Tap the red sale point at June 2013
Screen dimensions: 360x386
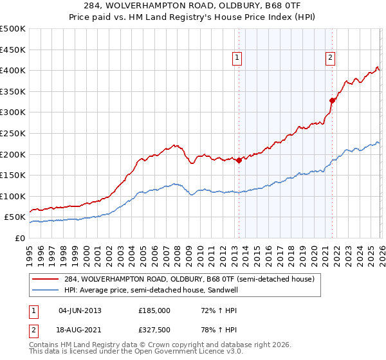point(239,160)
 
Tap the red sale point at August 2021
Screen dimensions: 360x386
point(333,100)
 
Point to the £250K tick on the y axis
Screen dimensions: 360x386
point(14,133)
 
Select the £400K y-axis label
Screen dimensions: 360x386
point(14,70)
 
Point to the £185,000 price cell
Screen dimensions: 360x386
point(154,310)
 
